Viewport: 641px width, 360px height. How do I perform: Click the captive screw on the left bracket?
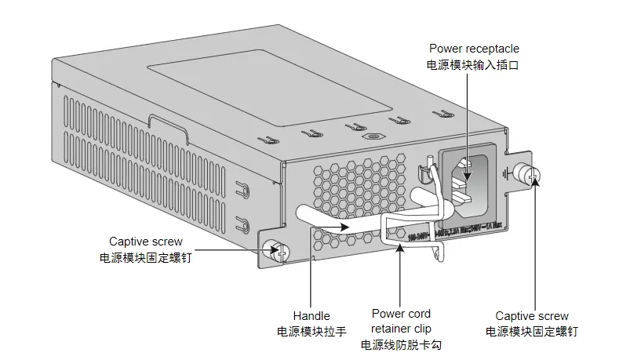point(277,250)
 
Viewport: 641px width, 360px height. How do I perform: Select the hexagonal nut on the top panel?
point(368,135)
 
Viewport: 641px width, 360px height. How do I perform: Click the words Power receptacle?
point(473,49)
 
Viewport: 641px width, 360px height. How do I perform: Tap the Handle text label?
point(311,316)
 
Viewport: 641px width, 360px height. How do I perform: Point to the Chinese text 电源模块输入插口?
point(473,66)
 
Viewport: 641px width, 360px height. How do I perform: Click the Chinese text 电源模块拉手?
point(311,332)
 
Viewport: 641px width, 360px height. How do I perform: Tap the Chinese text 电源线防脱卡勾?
point(401,344)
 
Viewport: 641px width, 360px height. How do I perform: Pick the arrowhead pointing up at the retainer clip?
point(401,247)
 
